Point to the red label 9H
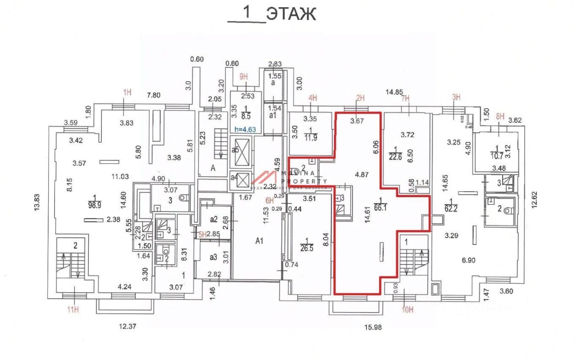[x=244, y=77]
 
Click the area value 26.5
[x=309, y=250]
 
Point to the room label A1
[x=259, y=241]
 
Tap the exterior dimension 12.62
[x=535, y=203]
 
